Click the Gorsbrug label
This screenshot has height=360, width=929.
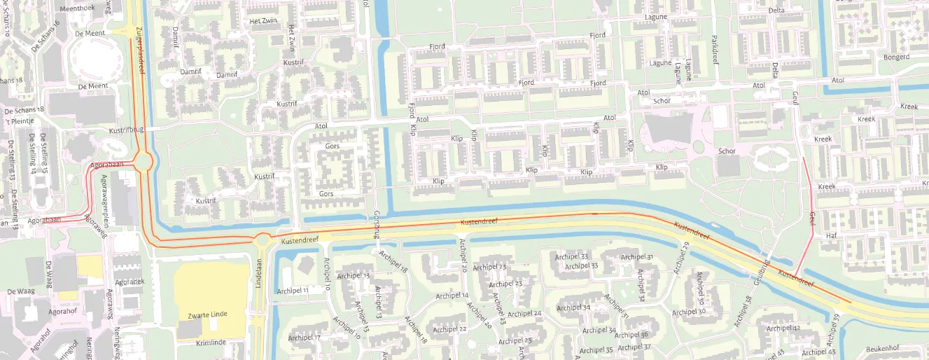(x=377, y=223)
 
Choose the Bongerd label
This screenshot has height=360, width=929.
(x=896, y=57)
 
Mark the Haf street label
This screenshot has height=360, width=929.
(x=832, y=235)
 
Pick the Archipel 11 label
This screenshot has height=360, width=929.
(x=293, y=290)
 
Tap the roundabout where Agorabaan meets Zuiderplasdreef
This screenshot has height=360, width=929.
(x=144, y=162)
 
